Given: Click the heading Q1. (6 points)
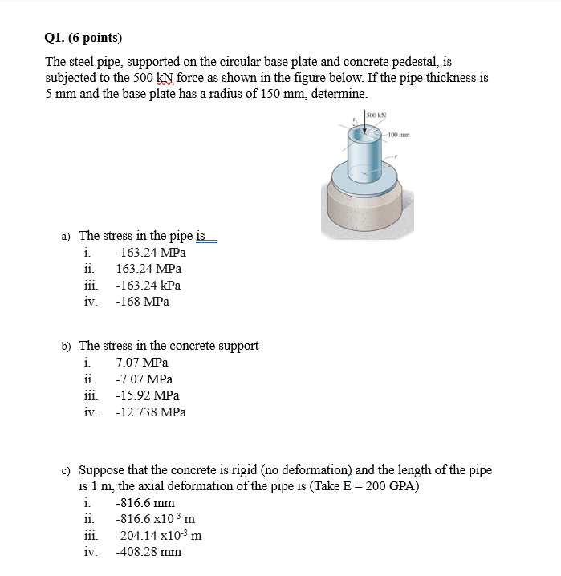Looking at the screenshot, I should [x=84, y=37].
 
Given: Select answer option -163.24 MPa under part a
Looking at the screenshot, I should [x=148, y=252].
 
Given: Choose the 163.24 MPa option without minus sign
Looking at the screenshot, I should [x=148, y=269].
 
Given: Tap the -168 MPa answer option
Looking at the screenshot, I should [x=142, y=302].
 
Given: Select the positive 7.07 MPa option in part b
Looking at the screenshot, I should [x=142, y=363].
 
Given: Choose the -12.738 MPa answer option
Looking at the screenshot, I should [x=151, y=412].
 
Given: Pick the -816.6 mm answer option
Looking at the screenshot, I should [x=145, y=503].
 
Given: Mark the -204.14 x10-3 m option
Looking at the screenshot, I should [x=158, y=536].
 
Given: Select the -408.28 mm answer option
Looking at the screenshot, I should [x=148, y=552].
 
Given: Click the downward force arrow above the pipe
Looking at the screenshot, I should [x=363, y=128].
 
